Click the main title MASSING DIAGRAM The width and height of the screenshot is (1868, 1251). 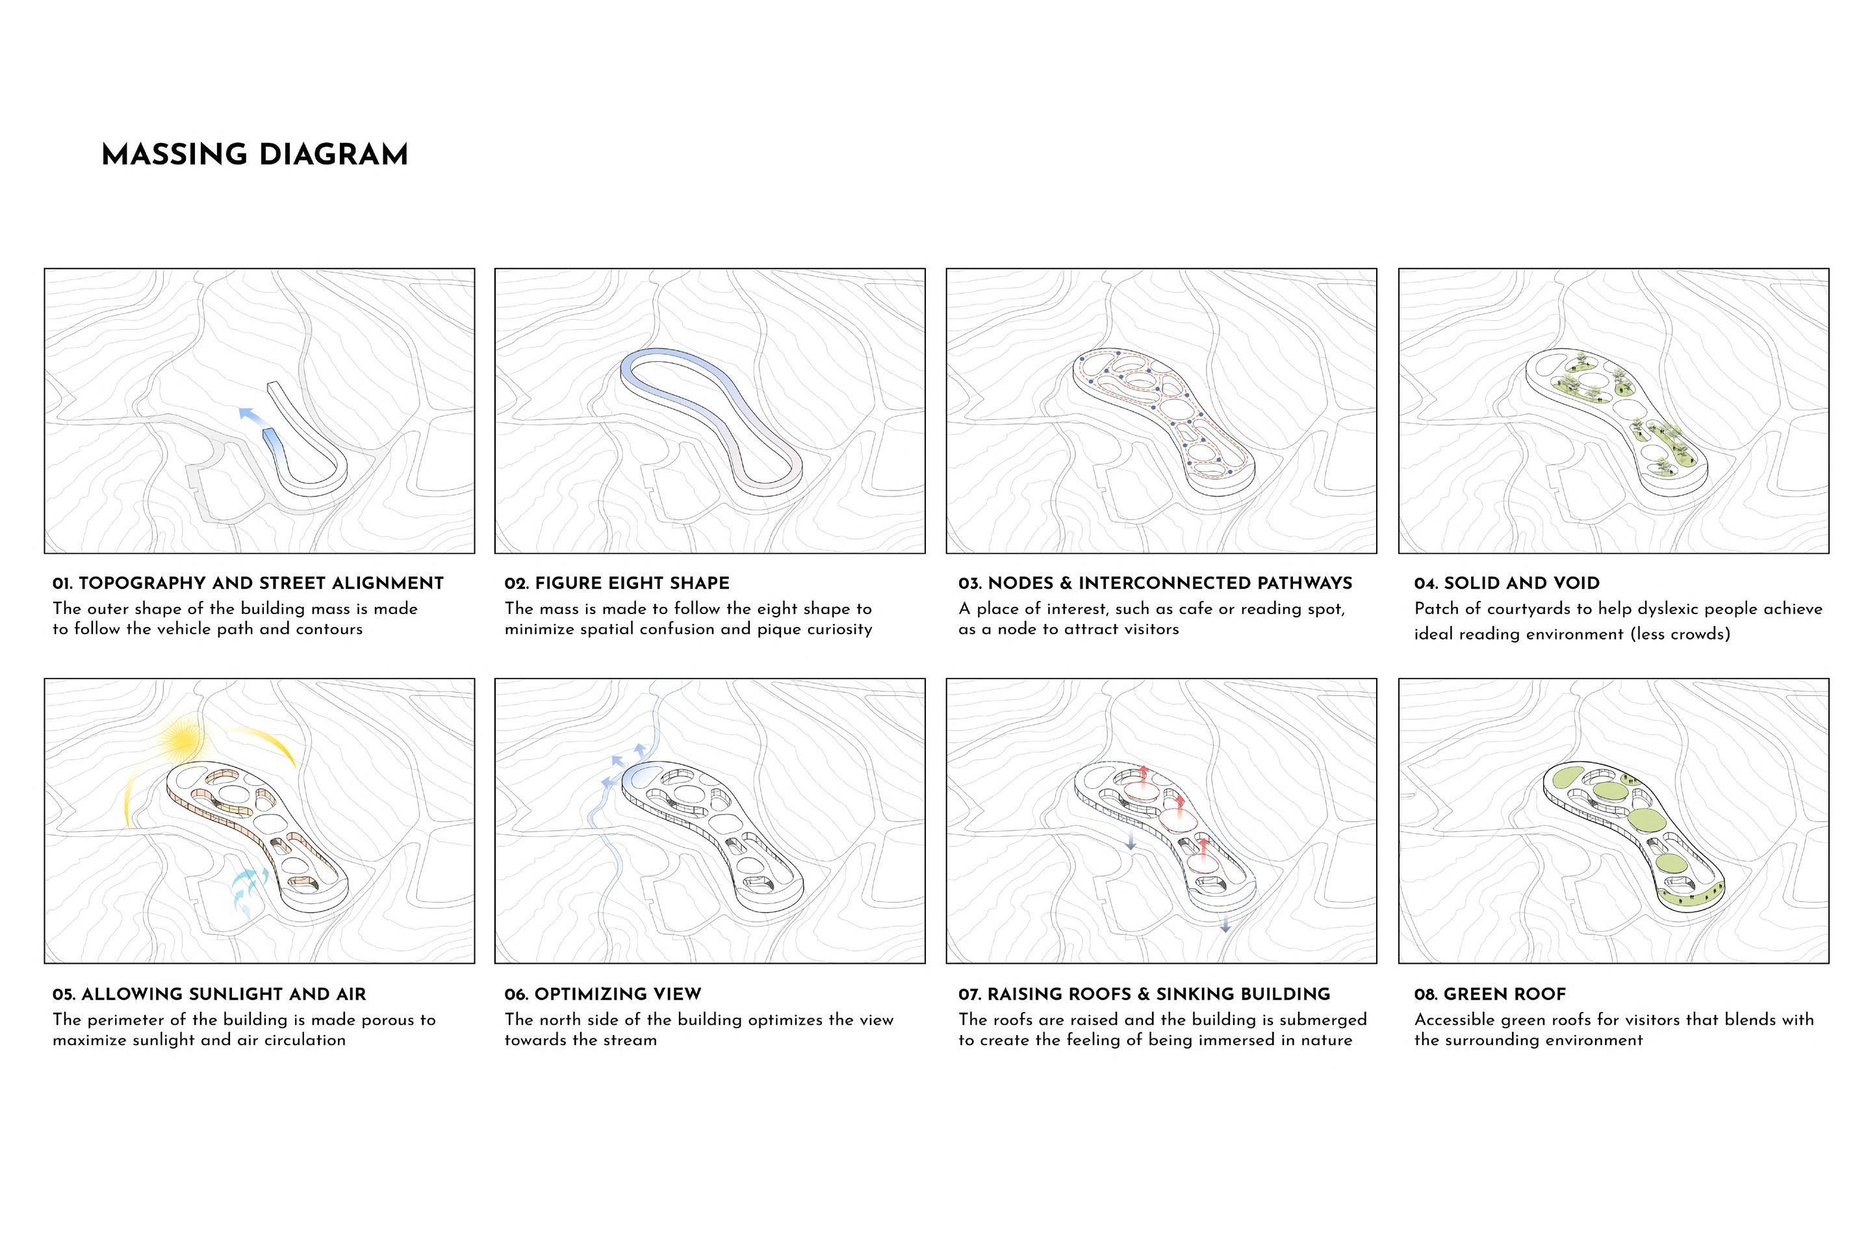pos(255,155)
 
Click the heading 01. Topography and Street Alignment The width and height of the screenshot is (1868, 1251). pos(248,583)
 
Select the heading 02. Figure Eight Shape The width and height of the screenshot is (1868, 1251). pos(617,583)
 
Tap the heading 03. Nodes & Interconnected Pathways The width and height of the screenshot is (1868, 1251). pos(1156,583)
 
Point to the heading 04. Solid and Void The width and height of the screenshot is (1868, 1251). pos(1507,583)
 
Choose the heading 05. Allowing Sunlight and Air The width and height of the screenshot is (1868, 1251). pos(209,994)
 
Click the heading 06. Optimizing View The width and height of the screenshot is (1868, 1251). pos(602,994)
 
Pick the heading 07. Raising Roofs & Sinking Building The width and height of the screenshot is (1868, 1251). pos(1145,994)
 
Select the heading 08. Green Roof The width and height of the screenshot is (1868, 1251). pos(1490,994)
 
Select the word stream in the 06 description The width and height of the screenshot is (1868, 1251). pos(630,1040)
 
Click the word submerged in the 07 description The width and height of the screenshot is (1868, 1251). pos(1322,1020)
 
